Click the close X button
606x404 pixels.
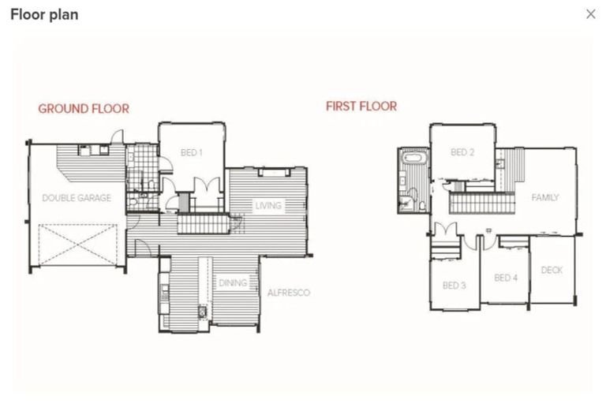tap(590, 14)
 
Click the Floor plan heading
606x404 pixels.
tap(44, 14)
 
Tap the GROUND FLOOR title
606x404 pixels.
tap(84, 109)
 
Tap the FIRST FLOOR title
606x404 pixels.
tap(361, 106)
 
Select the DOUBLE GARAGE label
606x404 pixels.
tap(77, 198)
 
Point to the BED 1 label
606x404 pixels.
tap(192, 152)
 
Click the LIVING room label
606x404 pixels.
tap(268, 206)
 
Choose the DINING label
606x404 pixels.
tap(233, 282)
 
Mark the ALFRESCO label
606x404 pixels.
tap(288, 293)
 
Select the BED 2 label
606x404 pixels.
tap(462, 152)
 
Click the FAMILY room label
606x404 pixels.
tap(544, 197)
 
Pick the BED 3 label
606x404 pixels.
tap(454, 285)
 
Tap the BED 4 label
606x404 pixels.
tap(506, 278)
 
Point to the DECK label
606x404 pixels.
tap(552, 270)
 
